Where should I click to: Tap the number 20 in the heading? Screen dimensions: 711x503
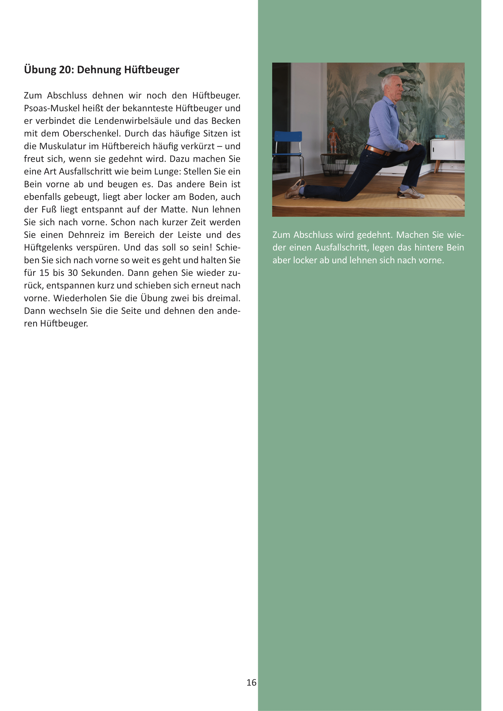point(65,70)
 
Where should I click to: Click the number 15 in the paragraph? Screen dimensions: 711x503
point(44,273)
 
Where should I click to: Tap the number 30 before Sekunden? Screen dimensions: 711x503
point(72,273)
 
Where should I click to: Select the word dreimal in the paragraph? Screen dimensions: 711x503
point(223,298)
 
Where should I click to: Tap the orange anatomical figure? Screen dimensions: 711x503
point(334,139)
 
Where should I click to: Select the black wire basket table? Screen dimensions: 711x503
point(334,164)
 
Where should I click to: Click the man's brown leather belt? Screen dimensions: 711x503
point(378,151)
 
